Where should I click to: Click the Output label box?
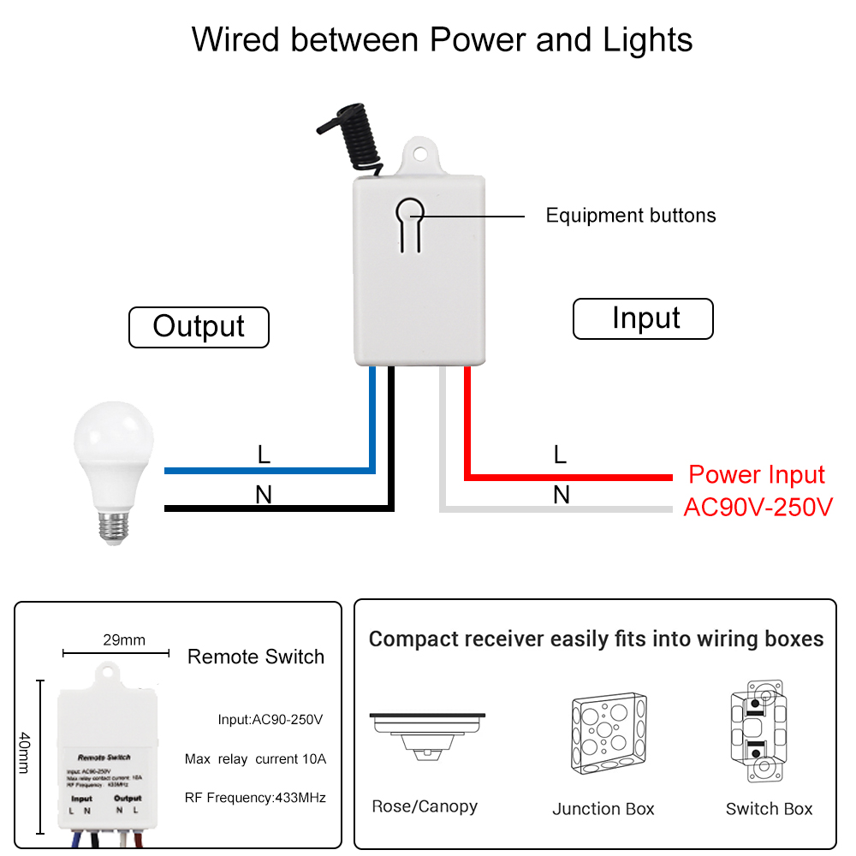pyautogui.click(x=199, y=327)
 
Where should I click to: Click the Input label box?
pyautogui.click(x=643, y=318)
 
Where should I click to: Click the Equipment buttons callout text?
pyautogui.click(x=631, y=216)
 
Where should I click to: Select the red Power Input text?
pyautogui.click(x=757, y=475)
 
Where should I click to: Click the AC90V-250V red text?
pyautogui.click(x=758, y=507)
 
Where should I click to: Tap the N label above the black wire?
pyautogui.click(x=264, y=495)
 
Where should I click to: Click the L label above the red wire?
pyautogui.click(x=560, y=455)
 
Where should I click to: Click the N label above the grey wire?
pyautogui.click(x=562, y=495)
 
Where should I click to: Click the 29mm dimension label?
pyautogui.click(x=123, y=639)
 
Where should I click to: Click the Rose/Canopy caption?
pyautogui.click(x=425, y=806)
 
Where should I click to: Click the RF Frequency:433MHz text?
pyautogui.click(x=255, y=797)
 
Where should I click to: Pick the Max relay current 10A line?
pyautogui.click(x=255, y=758)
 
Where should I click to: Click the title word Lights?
pyautogui.click(x=647, y=40)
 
